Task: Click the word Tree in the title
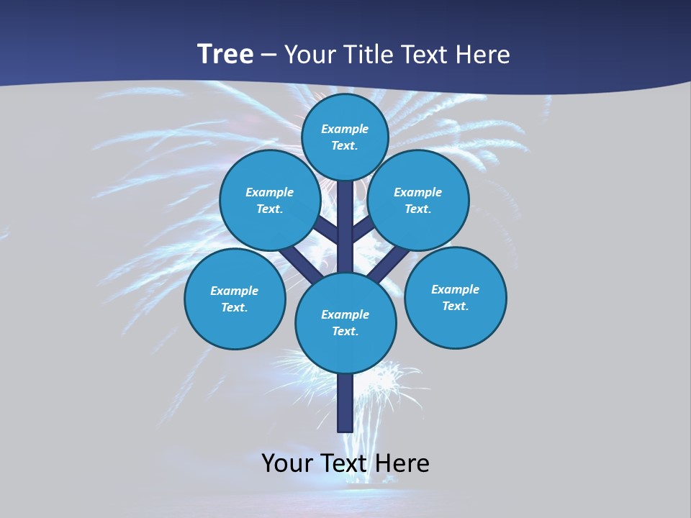click(225, 54)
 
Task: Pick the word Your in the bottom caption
click(287, 463)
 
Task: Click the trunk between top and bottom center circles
click(345, 230)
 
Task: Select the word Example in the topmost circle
click(345, 129)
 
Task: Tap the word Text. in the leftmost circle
click(235, 308)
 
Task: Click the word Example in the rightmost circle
click(455, 289)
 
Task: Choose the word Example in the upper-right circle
click(417, 192)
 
